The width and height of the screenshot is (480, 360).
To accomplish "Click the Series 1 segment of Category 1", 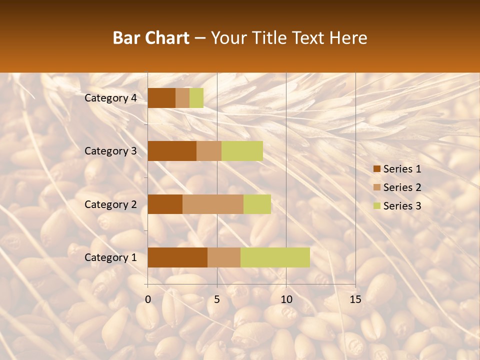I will [x=177, y=257].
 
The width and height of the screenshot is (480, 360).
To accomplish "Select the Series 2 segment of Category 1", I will [x=224, y=257].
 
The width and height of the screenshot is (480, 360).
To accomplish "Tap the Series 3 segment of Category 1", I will [x=275, y=257].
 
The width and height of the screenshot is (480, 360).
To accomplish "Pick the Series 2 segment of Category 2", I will [x=213, y=204].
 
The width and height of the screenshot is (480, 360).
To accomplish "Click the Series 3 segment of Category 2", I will [x=257, y=204].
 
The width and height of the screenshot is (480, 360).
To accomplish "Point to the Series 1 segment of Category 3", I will [x=172, y=151].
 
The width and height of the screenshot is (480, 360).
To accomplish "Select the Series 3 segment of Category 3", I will [x=242, y=151].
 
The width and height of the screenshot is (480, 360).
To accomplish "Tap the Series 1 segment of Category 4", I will [x=161, y=98].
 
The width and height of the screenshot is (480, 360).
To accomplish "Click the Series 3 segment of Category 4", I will [x=196, y=98].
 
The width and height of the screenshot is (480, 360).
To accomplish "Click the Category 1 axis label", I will [x=110, y=257].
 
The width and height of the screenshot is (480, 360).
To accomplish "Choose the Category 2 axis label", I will [x=110, y=204].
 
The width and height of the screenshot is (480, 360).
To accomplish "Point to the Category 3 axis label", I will [x=110, y=151].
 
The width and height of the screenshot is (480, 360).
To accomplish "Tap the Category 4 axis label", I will [x=110, y=98].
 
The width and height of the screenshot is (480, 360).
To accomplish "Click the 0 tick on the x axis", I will [x=148, y=299].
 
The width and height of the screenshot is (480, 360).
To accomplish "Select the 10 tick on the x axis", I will [x=286, y=299].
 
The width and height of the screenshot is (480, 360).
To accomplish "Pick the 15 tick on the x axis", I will [x=355, y=299].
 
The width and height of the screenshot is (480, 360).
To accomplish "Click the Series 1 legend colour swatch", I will [x=377, y=169].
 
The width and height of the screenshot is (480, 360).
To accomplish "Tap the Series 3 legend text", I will [x=402, y=206].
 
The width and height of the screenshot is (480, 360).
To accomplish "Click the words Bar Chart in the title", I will [x=151, y=38].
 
